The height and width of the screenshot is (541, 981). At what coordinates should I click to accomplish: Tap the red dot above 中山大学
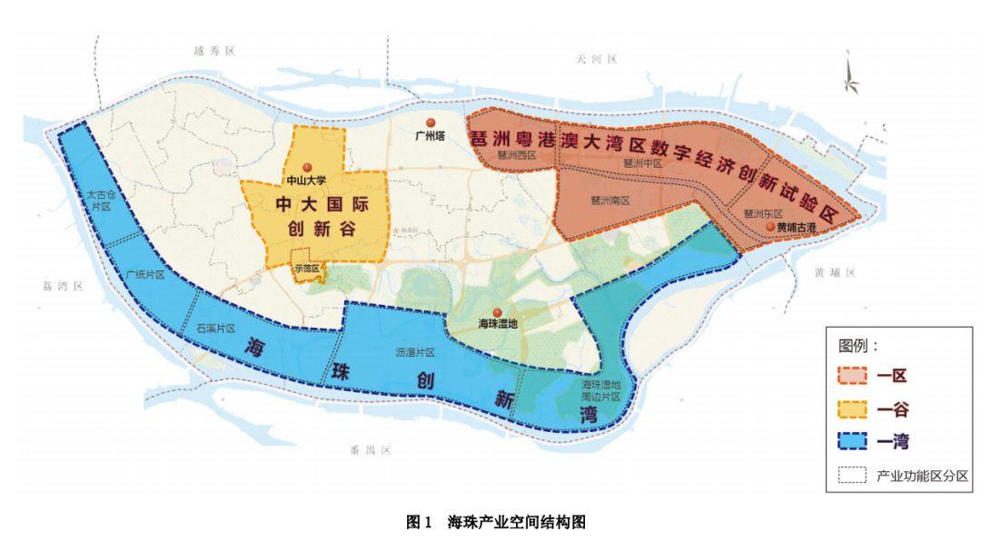pyautogui.click(x=307, y=166)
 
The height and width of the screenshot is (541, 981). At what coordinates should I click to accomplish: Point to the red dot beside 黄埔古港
pyautogui.click(x=770, y=226)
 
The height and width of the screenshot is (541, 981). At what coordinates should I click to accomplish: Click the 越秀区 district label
pyautogui.click(x=209, y=53)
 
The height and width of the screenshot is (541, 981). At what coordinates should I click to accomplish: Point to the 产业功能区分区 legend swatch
pyautogui.click(x=851, y=476)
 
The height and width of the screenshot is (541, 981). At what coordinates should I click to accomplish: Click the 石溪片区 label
pyautogui.click(x=216, y=327)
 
